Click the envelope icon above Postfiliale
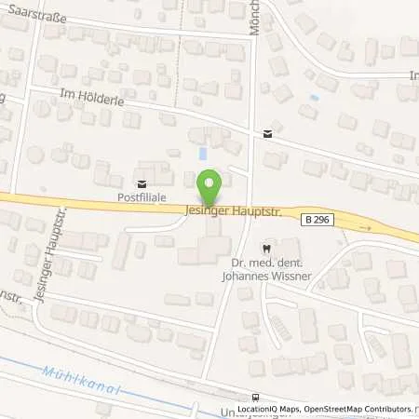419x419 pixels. point(142,183)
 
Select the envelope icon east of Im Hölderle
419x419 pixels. point(268,134)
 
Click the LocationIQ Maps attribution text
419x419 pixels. point(267,409)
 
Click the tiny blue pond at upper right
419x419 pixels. point(314,97)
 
